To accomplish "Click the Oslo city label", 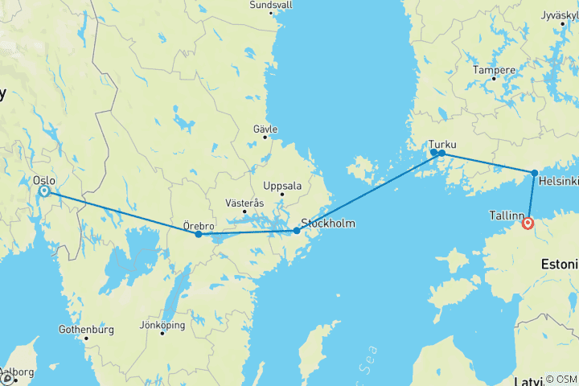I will coord(44,180).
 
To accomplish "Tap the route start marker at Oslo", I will coord(44,191).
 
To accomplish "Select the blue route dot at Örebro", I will coord(199,234).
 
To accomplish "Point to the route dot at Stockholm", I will coord(296,231).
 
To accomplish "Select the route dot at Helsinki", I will coord(535,172).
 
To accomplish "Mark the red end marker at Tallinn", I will coord(528,224).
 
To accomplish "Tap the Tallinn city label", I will coord(507,216).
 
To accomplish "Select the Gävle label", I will coord(265,129).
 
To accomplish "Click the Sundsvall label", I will coord(271,4).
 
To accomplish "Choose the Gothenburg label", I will coord(86,330).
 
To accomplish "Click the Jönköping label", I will coord(162,326).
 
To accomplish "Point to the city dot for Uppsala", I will coord(282,194).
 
